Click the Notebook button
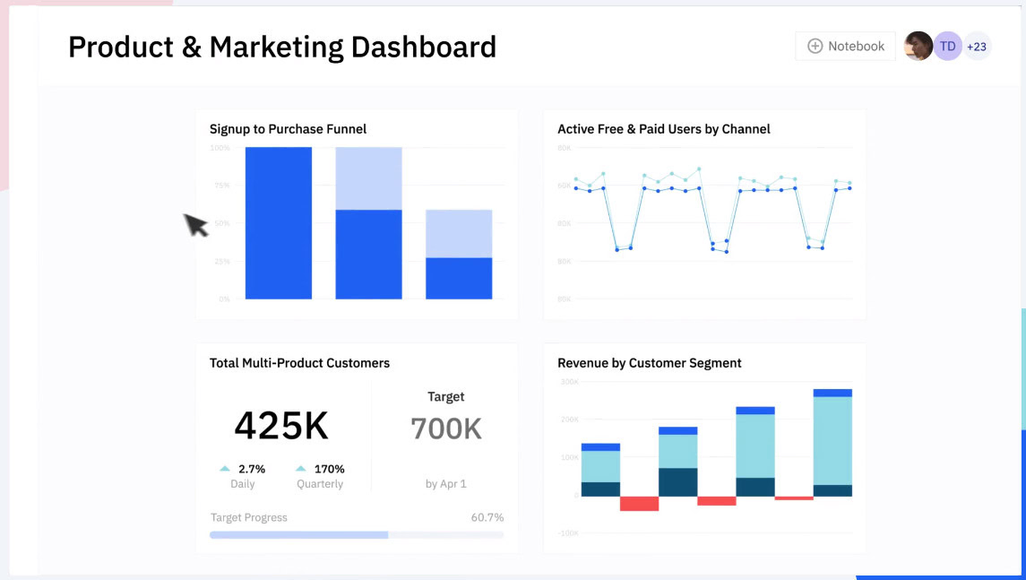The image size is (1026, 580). tap(845, 47)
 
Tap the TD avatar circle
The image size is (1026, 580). tap(948, 47)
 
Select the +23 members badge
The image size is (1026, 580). tap(977, 47)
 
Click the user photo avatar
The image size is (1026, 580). tap(918, 47)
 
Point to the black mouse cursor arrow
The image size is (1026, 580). tap(195, 224)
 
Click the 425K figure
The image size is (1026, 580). tap(281, 426)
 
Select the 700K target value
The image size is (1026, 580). tap(446, 429)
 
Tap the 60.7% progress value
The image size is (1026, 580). tap(487, 517)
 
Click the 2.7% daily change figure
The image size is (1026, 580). tap(252, 469)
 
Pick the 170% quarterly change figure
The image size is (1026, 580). tap(329, 469)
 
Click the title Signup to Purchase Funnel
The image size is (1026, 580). tap(288, 129)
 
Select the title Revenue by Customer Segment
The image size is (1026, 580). tap(650, 363)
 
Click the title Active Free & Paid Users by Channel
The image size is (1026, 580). tap(664, 129)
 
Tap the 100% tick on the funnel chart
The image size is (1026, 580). tap(220, 148)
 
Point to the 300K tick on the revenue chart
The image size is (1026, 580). tap(569, 382)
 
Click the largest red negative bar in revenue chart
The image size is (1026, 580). tap(639, 504)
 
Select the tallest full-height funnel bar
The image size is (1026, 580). tap(279, 223)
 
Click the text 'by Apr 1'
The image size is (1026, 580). tap(446, 484)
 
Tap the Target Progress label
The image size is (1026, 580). tap(249, 517)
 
